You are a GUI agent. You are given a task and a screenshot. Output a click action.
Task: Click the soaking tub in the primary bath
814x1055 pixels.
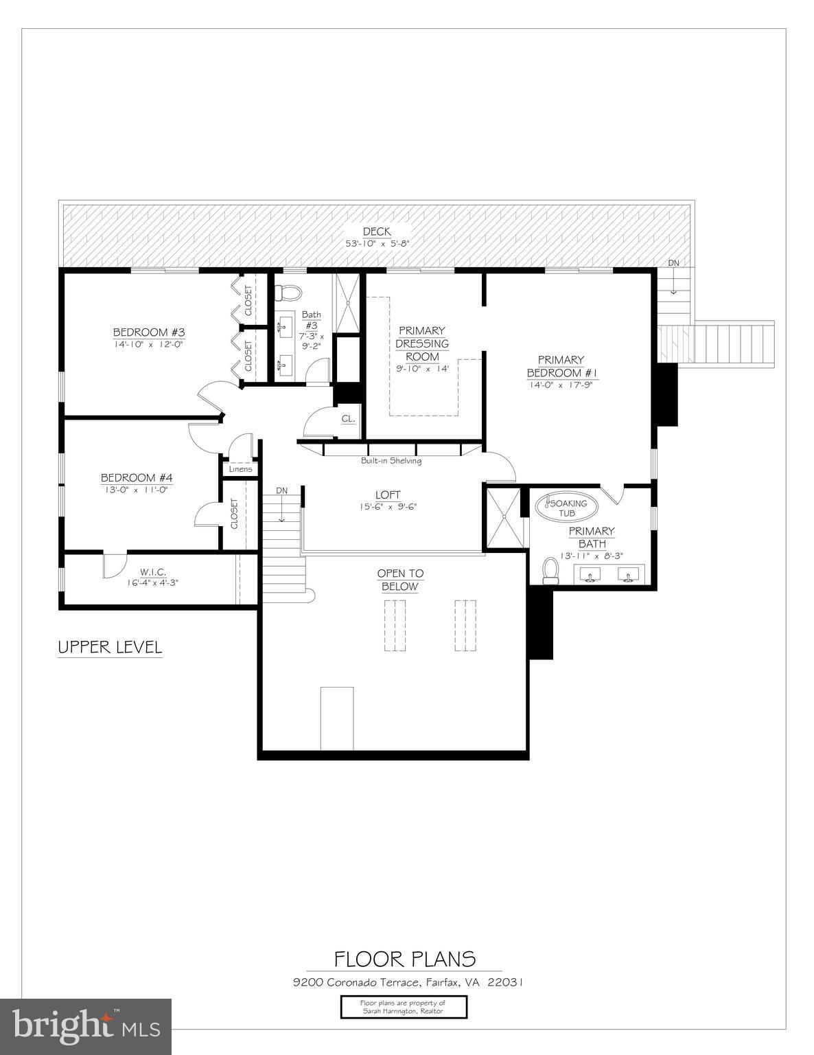click(566, 508)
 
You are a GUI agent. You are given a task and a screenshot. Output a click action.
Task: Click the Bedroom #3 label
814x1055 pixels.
click(149, 332)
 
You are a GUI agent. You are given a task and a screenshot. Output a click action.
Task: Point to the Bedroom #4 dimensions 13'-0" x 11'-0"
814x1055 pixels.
click(135, 490)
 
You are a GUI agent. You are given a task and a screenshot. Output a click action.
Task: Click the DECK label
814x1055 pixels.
click(377, 232)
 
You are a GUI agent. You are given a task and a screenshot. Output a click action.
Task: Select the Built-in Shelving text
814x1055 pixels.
click(391, 461)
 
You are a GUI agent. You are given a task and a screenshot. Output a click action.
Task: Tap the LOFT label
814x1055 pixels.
click(387, 495)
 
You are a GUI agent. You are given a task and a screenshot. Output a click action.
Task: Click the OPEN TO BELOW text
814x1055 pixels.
click(400, 580)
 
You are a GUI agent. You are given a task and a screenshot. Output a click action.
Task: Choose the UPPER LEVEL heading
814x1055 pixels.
click(110, 647)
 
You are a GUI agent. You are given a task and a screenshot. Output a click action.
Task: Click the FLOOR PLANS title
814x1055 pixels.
click(405, 959)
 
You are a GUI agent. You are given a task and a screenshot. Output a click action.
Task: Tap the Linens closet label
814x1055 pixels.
click(240, 470)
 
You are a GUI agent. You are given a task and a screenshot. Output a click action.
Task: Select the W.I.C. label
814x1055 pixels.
click(153, 571)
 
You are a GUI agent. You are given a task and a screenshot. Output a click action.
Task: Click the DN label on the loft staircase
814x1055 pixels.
click(281, 490)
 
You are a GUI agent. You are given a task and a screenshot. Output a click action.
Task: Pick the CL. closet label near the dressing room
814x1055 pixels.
click(348, 418)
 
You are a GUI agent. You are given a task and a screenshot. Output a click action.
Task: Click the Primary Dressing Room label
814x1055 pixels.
click(421, 343)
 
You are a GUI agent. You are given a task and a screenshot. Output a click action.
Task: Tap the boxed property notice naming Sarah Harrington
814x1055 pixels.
click(404, 1008)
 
